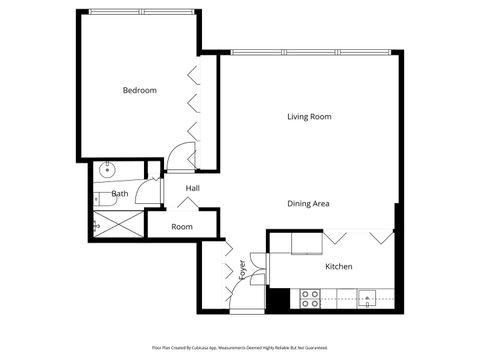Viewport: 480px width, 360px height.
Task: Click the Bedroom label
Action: (139, 91)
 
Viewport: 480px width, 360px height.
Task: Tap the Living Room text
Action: (309, 117)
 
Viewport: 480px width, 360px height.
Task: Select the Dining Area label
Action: (309, 204)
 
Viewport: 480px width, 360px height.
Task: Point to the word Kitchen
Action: (339, 267)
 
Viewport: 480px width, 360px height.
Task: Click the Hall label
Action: (192, 187)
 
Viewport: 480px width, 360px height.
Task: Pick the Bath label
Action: (120, 194)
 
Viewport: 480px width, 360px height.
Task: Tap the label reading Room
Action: (181, 227)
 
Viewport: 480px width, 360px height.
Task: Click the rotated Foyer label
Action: (241, 270)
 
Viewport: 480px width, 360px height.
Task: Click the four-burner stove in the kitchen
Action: (310, 297)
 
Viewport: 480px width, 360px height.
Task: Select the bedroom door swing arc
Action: (181, 155)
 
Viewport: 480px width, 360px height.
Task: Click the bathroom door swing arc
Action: (146, 194)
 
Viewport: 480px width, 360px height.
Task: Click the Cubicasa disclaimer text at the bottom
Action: (240, 347)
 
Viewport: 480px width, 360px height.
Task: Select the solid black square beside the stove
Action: (280, 298)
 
